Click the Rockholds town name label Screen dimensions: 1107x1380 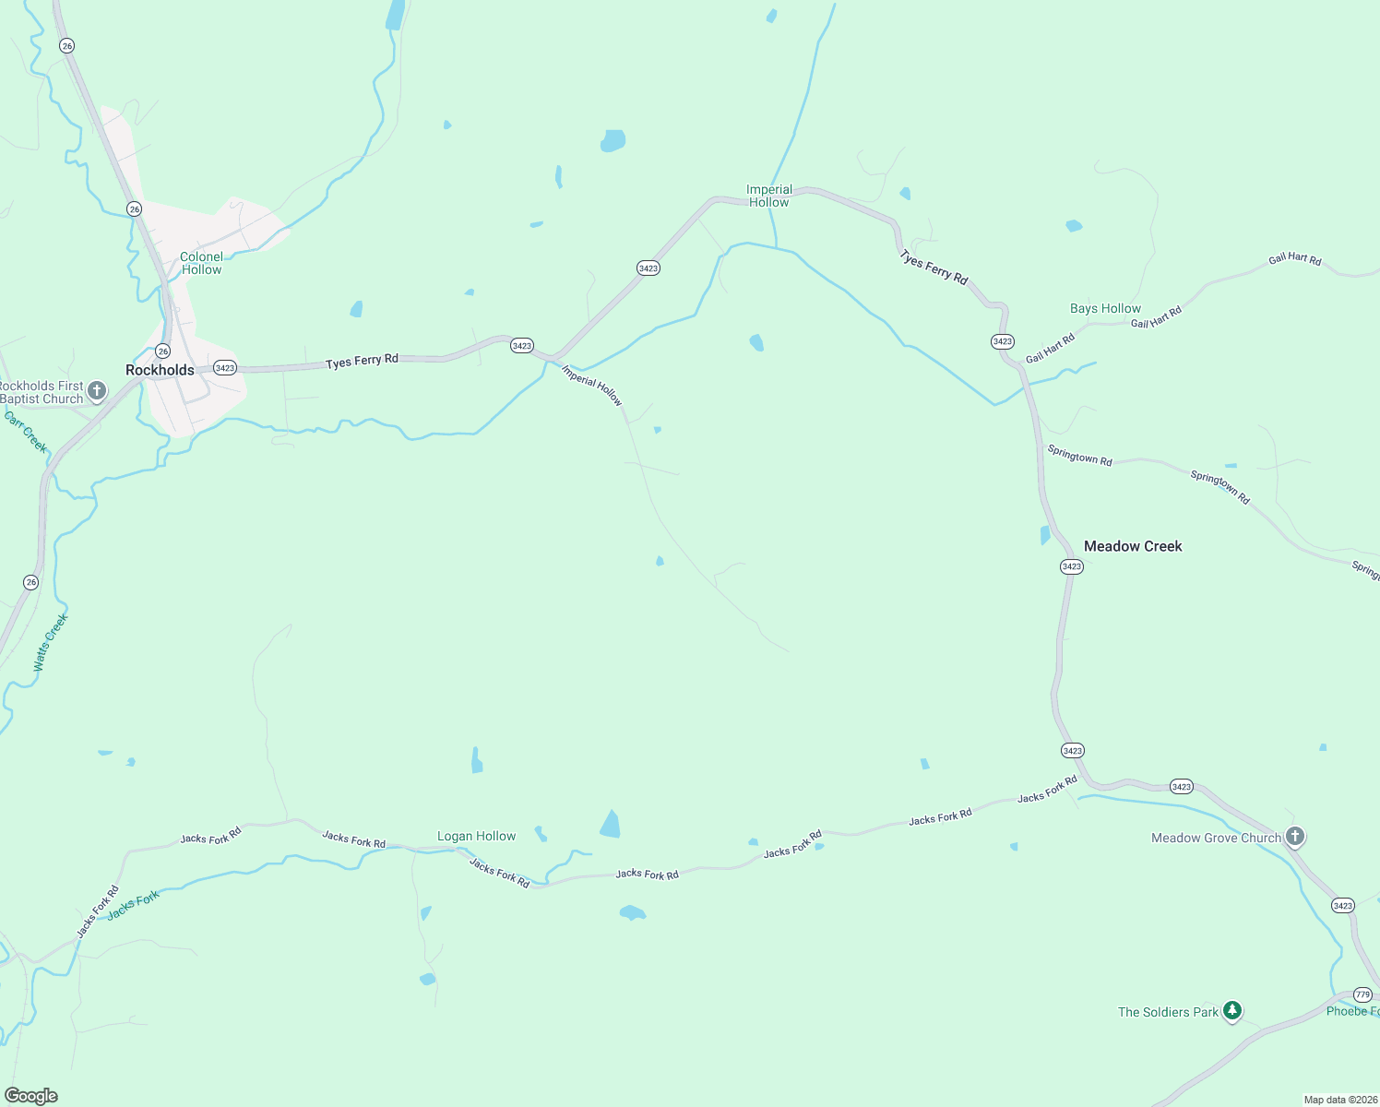pos(160,370)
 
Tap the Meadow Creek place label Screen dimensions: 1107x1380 pos(1132,546)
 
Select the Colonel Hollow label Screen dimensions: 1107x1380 pos(201,263)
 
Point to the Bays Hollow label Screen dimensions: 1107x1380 pos(1105,308)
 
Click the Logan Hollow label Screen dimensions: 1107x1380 pos(476,836)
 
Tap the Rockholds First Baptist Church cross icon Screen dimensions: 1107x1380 pos(97,392)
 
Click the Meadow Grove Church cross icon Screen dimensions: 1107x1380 pos(1295,837)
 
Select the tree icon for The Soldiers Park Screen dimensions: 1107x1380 pos(1231,1011)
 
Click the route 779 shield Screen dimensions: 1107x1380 pos(1362,994)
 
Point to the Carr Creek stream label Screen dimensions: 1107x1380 pos(26,432)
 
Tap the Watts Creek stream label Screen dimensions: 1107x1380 pos(51,642)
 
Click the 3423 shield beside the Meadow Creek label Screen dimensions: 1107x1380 pos(1071,566)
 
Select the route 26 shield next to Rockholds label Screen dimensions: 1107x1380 pos(162,351)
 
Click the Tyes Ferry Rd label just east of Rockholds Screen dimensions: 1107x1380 pos(362,361)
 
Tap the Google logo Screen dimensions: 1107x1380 pos(30,1096)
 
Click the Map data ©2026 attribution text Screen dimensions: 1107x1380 pos(1339,1100)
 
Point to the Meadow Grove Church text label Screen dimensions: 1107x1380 pos(1216,838)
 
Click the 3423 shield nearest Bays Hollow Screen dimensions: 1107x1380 pos(1003,341)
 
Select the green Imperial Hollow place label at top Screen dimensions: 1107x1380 pos(768,196)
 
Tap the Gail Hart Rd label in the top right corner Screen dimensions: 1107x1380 pos(1294,259)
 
